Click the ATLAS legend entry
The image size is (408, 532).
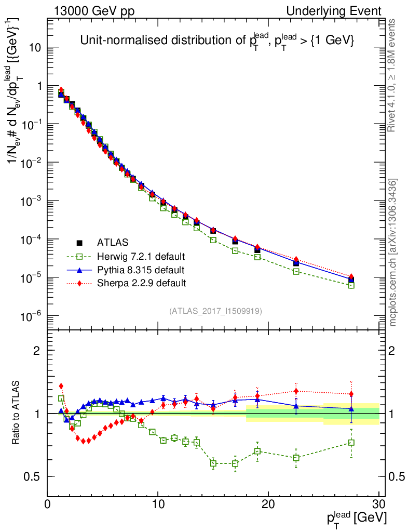coord(113,242)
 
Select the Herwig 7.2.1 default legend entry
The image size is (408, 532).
coord(141,256)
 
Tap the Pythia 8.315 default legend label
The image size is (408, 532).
coord(140,270)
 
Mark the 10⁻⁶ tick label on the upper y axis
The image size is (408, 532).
coord(32,316)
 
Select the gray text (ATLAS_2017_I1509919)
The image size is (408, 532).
coord(215,311)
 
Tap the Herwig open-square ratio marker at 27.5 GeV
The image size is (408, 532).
coord(351,443)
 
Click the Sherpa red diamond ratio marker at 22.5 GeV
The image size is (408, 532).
coord(296,391)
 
